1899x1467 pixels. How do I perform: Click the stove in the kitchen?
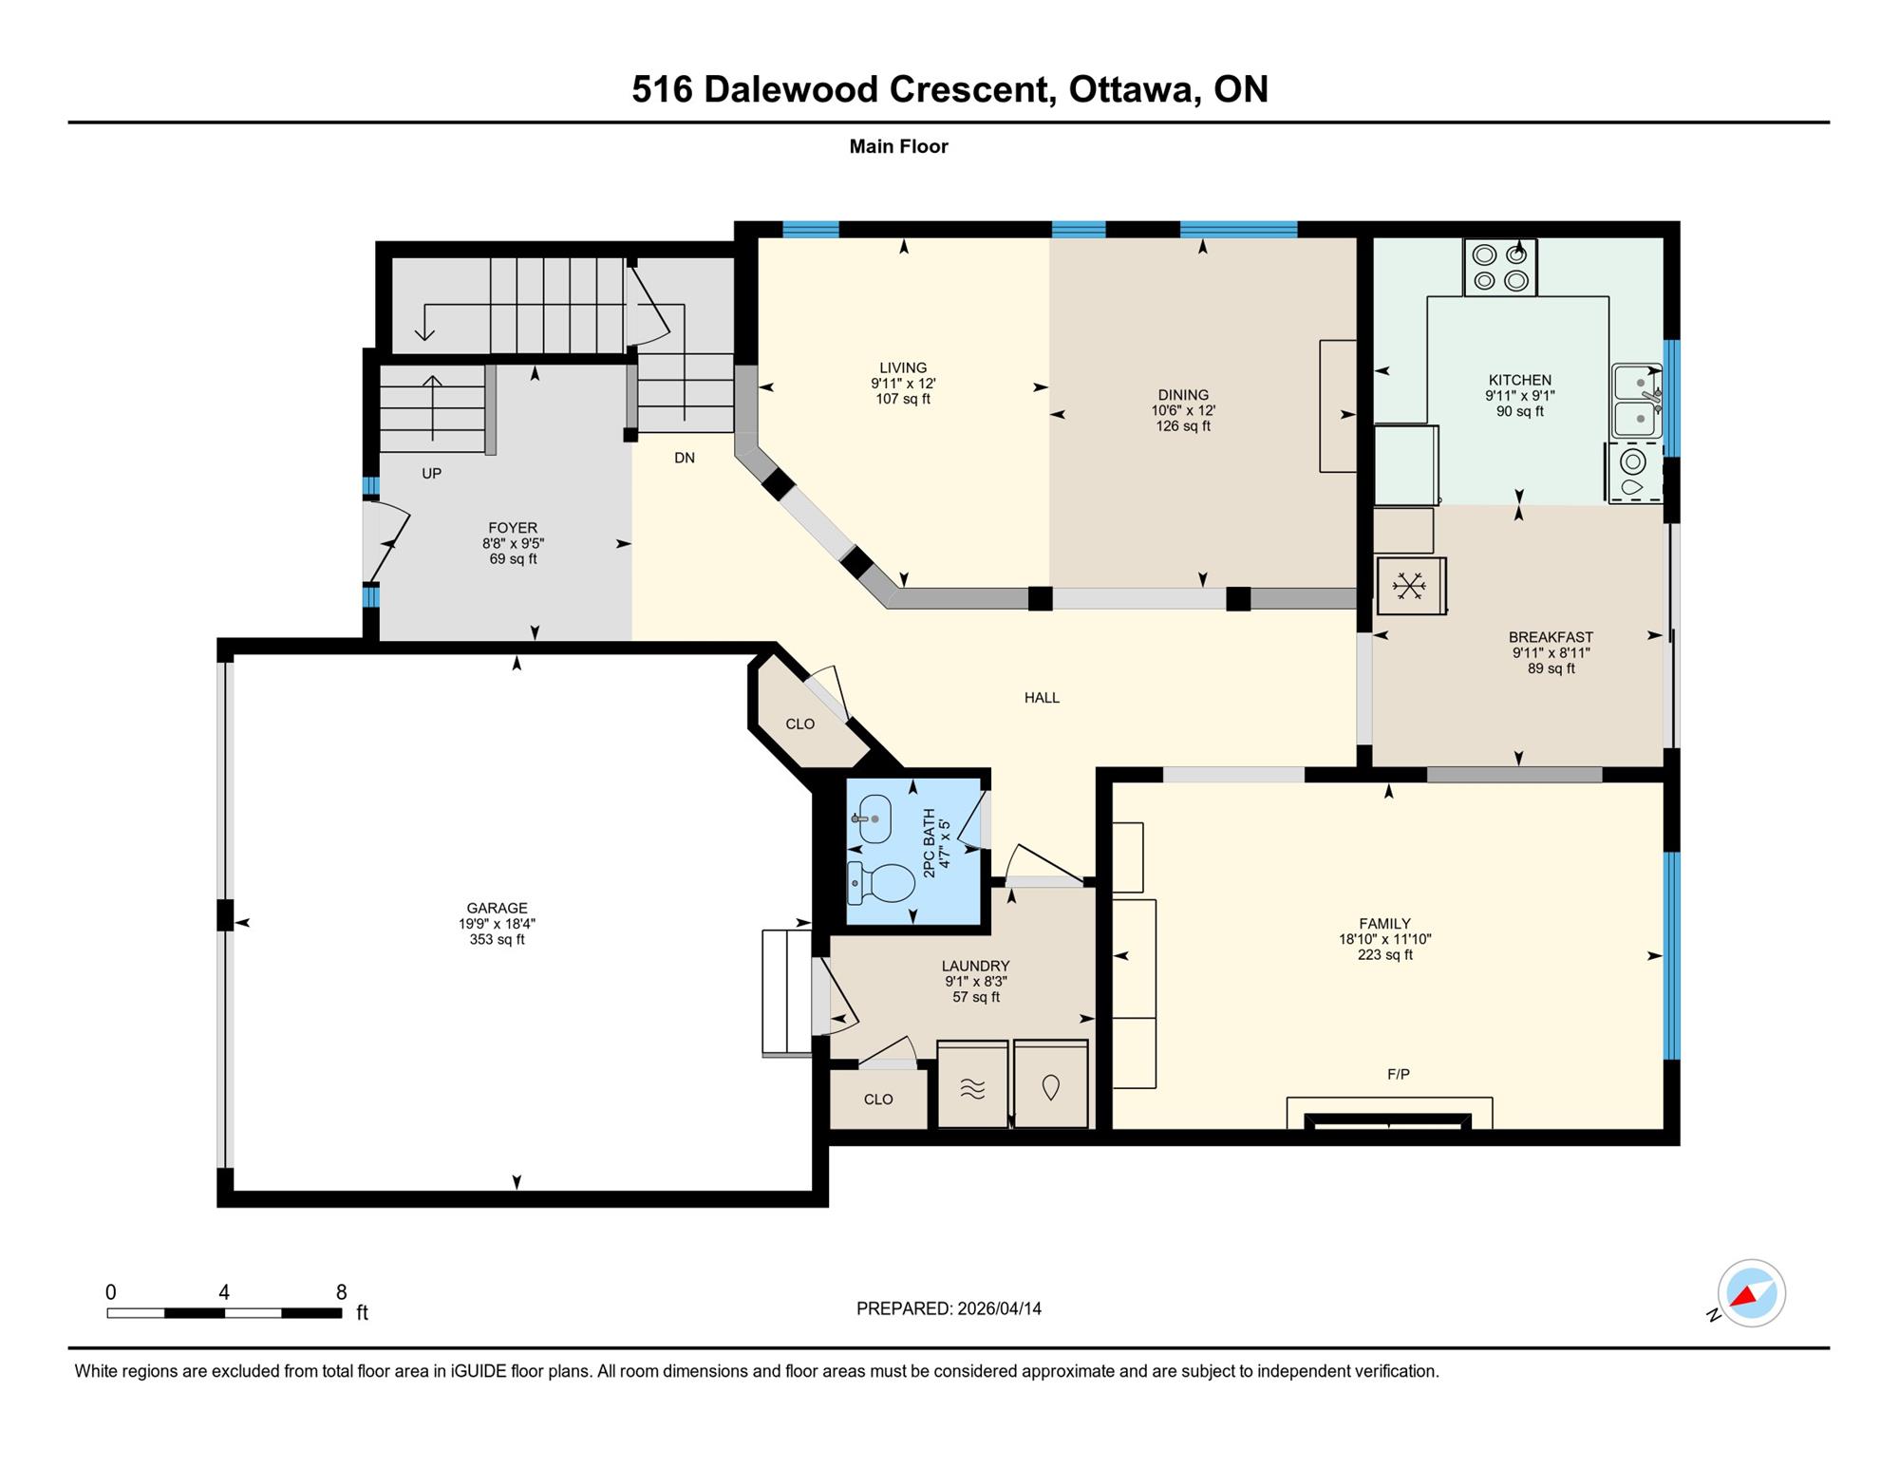pyautogui.click(x=1500, y=267)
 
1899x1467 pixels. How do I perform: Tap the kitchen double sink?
pyautogui.click(x=1637, y=401)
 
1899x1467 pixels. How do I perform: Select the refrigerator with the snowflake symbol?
pyautogui.click(x=1411, y=586)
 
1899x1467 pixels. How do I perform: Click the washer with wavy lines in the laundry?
pyautogui.click(x=972, y=1084)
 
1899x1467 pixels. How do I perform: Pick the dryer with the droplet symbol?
pyautogui.click(x=1050, y=1084)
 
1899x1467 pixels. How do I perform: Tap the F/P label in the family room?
pyautogui.click(x=1399, y=1074)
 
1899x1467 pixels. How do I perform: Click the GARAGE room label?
pyautogui.click(x=497, y=908)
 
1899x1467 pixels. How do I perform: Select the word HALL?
pyautogui.click(x=1042, y=698)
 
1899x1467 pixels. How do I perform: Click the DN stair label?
pyautogui.click(x=685, y=458)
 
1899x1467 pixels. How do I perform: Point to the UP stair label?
pyautogui.click(x=431, y=473)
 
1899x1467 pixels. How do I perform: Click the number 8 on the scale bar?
pyautogui.click(x=341, y=1292)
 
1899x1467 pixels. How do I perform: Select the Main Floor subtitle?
pyautogui.click(x=898, y=146)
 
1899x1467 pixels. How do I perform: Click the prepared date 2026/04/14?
pyautogui.click(x=999, y=1308)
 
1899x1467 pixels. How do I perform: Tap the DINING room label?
pyautogui.click(x=1183, y=395)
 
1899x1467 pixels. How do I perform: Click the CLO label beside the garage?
pyautogui.click(x=800, y=724)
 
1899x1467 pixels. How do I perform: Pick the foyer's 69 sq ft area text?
pyautogui.click(x=513, y=559)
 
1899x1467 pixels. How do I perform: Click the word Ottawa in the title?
pyautogui.click(x=1130, y=89)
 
